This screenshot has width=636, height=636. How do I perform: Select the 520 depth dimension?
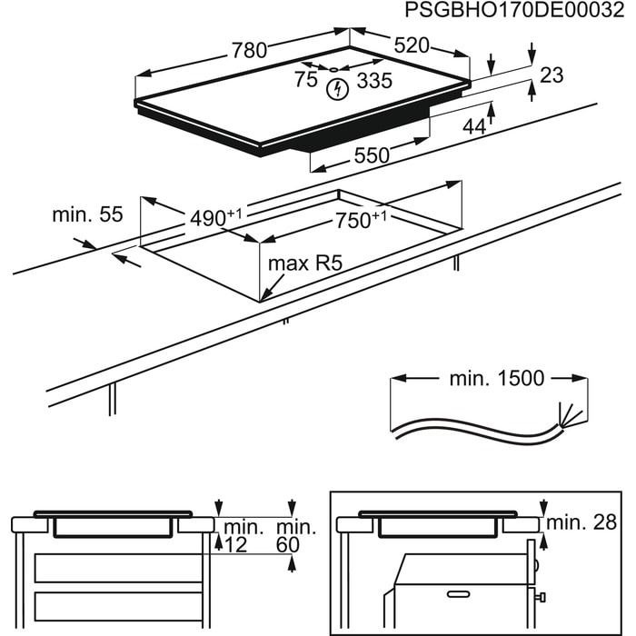click(411, 45)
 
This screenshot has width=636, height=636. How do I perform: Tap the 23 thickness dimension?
click(552, 75)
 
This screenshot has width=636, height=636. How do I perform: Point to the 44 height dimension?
click(474, 127)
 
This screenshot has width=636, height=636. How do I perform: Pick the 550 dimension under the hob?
click(372, 155)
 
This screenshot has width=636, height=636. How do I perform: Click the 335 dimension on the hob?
click(374, 81)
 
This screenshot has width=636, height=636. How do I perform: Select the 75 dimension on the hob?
click(306, 79)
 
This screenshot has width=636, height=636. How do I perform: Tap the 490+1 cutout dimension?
click(216, 218)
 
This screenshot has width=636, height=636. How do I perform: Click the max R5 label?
click(301, 265)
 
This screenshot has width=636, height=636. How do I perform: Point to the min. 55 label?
click(87, 214)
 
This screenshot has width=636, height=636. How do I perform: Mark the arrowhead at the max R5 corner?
click(263, 296)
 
